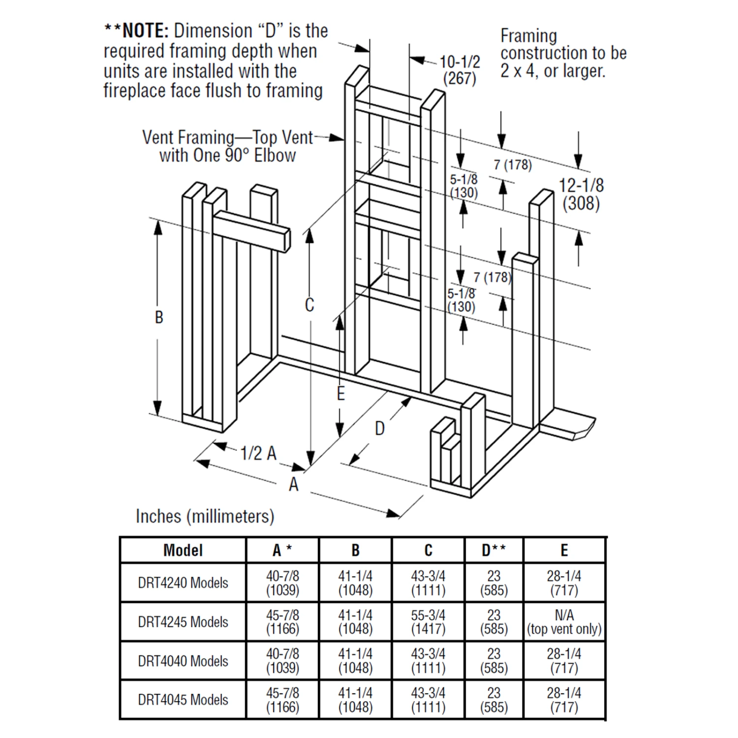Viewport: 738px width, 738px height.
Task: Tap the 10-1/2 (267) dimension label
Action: click(x=460, y=70)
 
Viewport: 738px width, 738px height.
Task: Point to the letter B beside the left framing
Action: click(x=158, y=317)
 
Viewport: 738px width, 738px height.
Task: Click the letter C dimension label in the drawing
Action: click(x=309, y=305)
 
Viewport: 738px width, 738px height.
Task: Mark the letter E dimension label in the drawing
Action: click(x=340, y=394)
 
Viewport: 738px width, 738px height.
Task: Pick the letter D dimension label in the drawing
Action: click(x=379, y=429)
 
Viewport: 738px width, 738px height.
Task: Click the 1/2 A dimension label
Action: click(x=258, y=453)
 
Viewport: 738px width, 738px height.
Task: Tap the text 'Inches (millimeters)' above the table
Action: click(x=205, y=516)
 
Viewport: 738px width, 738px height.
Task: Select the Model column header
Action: click(x=183, y=550)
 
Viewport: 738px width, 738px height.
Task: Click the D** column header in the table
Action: click(x=493, y=550)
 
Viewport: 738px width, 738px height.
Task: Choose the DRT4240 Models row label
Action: click(x=183, y=583)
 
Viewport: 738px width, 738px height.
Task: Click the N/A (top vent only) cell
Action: click(x=564, y=622)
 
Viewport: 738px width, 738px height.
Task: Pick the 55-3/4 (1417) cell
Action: click(x=428, y=622)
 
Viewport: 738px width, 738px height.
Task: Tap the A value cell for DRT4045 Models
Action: click(x=282, y=700)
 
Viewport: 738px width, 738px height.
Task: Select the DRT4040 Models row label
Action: click(x=183, y=661)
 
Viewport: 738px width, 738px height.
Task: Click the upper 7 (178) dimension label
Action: click(x=513, y=165)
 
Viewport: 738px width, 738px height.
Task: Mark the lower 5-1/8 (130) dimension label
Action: click(x=461, y=300)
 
